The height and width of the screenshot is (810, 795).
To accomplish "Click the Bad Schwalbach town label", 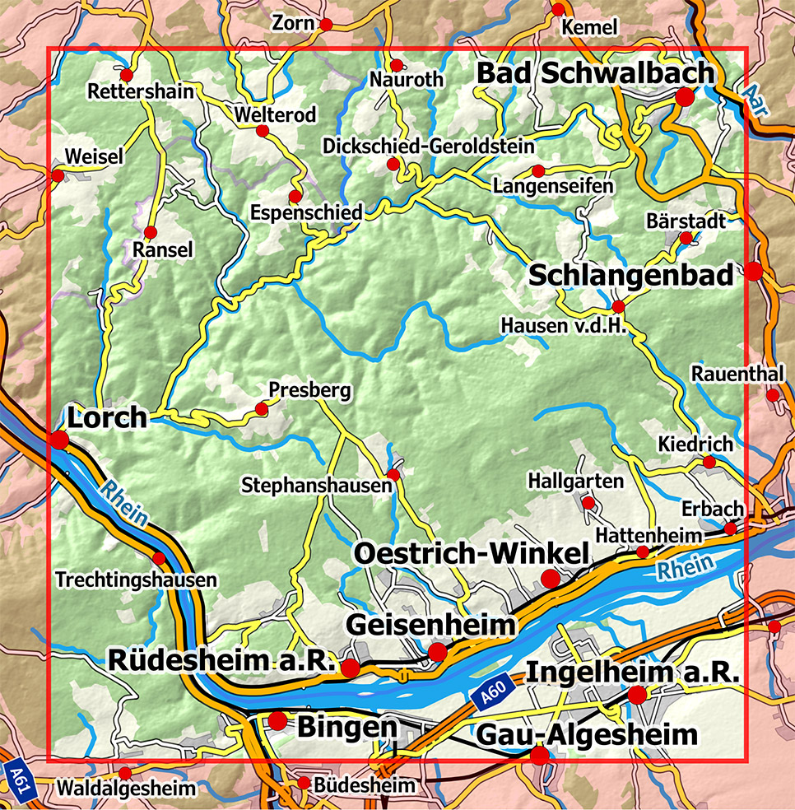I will coord(595,73).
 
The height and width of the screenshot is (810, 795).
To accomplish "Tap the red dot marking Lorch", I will coord(59,440).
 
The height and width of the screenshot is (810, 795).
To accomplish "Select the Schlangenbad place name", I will coord(630,276).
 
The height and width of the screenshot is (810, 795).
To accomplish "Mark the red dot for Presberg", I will coord(262,408).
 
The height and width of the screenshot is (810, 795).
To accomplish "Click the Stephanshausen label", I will coord(317,486).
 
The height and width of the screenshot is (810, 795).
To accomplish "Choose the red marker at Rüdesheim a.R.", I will coord(351,668).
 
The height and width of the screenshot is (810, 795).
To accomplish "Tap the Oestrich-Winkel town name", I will coord(472,553).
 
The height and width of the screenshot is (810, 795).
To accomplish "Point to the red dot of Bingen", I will coord(278,721).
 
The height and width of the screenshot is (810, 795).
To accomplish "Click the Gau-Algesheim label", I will coord(587,733).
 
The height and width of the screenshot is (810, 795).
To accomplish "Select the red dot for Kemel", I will coord(558,10).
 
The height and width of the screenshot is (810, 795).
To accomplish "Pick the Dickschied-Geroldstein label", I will coord(428,146).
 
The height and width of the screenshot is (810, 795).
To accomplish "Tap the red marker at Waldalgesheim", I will coord(125,773).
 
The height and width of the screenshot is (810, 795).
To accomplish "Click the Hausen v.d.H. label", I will coord(564,326).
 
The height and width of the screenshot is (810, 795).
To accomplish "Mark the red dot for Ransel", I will coord(150,233).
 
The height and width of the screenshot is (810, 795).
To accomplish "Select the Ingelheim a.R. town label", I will coord(633,672).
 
